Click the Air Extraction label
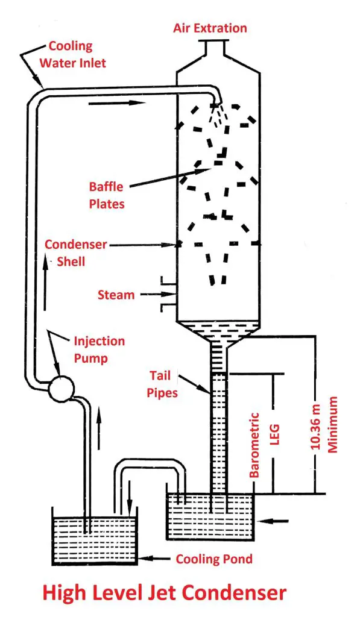point(210,28)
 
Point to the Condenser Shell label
point(76,252)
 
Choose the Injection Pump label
point(99,349)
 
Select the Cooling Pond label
point(214,559)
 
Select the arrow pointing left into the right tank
point(278,519)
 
